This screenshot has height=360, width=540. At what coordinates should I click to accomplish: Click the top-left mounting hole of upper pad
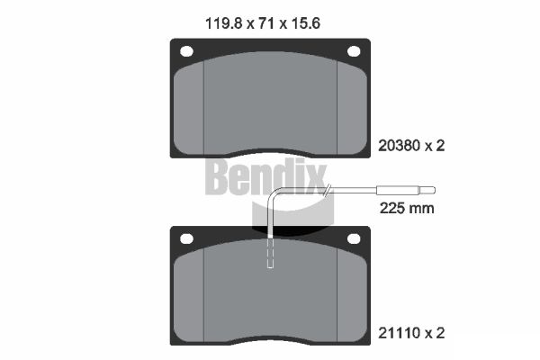(187, 51)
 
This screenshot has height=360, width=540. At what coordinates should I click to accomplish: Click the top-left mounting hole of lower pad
(187, 238)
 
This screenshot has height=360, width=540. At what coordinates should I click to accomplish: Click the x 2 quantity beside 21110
(436, 334)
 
